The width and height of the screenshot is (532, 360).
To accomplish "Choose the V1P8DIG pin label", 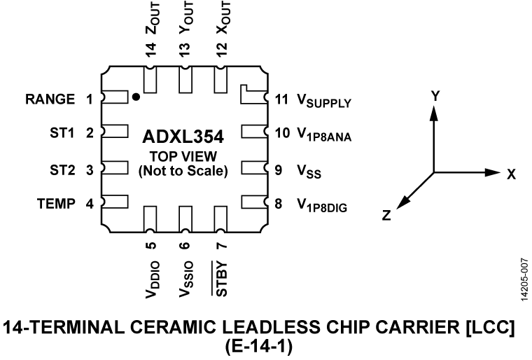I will (x=320, y=206).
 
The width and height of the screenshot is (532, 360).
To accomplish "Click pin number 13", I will (x=185, y=50).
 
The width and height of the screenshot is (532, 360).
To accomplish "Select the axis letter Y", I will (x=435, y=97).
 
